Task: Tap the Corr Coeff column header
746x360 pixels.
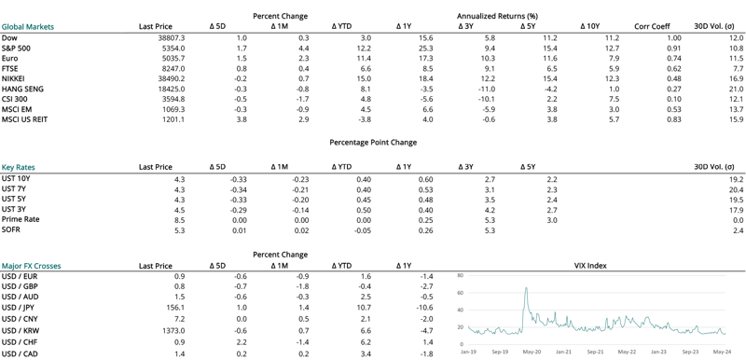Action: point(652,26)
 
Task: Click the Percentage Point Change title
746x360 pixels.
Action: point(373,142)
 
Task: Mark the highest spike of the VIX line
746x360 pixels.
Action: point(527,288)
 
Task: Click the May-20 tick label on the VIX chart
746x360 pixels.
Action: point(532,351)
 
